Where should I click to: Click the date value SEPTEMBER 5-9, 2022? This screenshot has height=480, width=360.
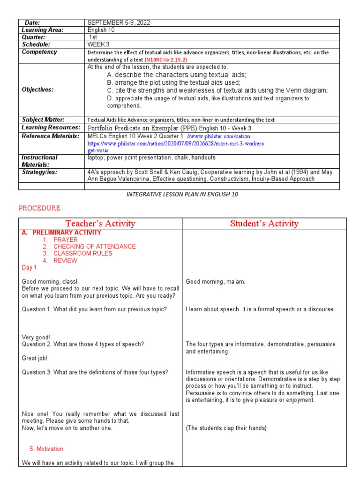tap(115, 22)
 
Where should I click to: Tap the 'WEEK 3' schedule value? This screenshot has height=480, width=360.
tap(98, 45)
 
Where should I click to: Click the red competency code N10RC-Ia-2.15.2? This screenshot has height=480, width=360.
tap(166, 60)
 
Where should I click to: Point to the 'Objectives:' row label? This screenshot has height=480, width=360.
tap(38, 90)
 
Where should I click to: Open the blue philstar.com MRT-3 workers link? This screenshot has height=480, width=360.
tap(176, 143)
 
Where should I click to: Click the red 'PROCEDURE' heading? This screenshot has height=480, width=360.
tap(39, 208)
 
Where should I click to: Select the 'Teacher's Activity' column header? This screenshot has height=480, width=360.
tap(100, 224)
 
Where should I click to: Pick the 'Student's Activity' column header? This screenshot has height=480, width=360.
tap(264, 224)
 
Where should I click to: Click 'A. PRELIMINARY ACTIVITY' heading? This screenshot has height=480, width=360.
tap(61, 232)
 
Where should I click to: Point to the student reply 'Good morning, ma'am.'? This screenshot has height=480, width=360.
tap(215, 282)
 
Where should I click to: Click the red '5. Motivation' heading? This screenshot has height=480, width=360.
tap(46, 449)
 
